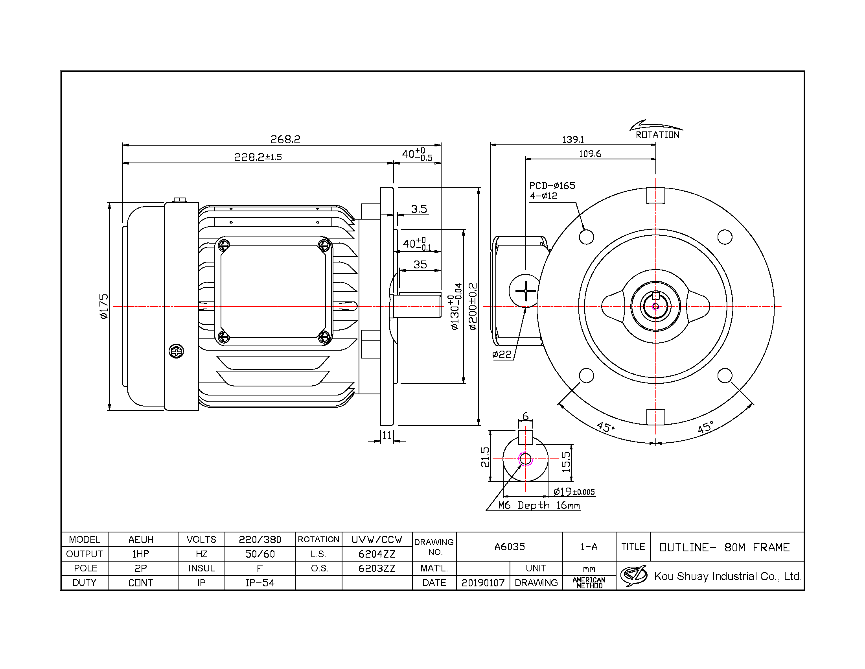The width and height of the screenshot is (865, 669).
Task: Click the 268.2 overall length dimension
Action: pos(285,139)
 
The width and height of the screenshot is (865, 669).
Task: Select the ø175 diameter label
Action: pos(103,306)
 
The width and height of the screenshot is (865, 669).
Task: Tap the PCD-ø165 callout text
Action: pos(552,185)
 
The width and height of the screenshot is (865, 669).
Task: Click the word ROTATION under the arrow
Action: pos(657,135)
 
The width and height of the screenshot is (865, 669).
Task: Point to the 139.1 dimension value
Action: pos(573,140)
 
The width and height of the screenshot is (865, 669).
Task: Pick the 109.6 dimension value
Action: pos(590,154)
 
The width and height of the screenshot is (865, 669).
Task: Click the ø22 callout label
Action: pos(502,354)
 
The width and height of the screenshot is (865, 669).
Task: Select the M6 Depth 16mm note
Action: pos(539,505)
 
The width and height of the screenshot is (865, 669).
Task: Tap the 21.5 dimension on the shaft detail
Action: pos(485,457)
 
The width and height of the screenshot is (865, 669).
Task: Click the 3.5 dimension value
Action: pos(419,209)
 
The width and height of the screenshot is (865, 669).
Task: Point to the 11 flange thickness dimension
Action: pos(387,436)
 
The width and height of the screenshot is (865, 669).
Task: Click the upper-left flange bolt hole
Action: pos(586,237)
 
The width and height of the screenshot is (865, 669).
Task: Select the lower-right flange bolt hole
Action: pos(725,375)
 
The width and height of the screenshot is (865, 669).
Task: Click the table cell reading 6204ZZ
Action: pos(377,554)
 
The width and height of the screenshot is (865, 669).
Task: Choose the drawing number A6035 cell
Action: pos(509,547)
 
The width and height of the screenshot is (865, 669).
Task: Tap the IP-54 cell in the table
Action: pos(260,582)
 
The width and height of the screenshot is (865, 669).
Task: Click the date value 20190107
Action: pos(483,582)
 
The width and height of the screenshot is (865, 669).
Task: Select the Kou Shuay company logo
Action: pos(634,576)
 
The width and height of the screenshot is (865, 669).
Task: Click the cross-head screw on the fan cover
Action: pos(176,351)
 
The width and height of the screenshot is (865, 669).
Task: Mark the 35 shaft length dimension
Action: pos(420,264)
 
